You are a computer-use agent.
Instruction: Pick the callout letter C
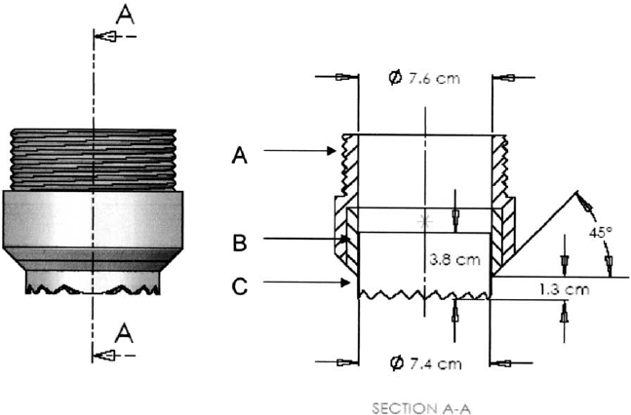[237, 285]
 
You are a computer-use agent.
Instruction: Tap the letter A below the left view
[125, 333]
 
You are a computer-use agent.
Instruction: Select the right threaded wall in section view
[500, 166]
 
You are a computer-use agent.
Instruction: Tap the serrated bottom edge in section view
[424, 293]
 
